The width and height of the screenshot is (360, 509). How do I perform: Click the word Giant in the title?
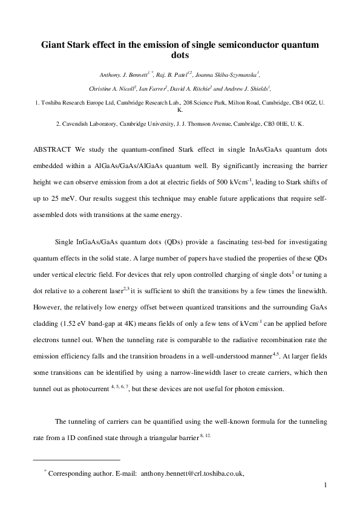53,45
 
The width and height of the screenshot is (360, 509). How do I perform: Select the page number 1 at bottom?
326,485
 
